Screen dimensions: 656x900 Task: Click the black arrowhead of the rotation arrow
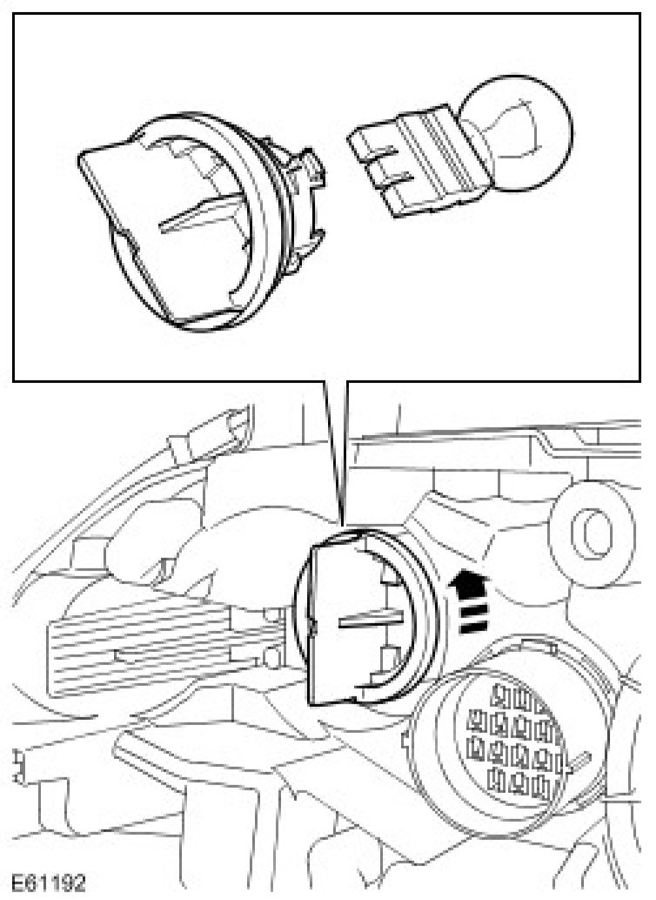coord(467,578)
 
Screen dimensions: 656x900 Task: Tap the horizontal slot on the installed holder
coord(365,619)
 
